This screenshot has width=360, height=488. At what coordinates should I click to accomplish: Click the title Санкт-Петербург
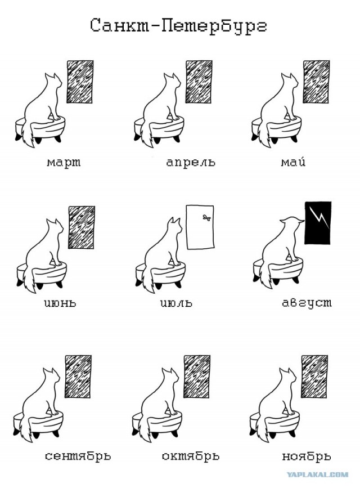click(x=179, y=26)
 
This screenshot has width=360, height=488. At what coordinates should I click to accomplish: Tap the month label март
click(x=64, y=162)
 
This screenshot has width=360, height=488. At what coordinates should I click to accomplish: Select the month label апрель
click(x=191, y=162)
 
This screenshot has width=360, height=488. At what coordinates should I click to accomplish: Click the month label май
click(x=293, y=161)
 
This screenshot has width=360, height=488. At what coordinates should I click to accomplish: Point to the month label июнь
click(x=60, y=302)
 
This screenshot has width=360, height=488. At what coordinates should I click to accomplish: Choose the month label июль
click(x=177, y=302)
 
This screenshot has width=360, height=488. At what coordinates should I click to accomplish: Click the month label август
click(x=307, y=303)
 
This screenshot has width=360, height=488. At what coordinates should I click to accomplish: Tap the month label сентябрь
click(x=78, y=456)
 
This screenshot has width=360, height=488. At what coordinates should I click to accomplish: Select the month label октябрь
click(x=191, y=456)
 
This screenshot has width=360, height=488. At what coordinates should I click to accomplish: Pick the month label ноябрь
click(x=307, y=456)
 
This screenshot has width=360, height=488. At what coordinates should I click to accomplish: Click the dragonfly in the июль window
click(x=206, y=217)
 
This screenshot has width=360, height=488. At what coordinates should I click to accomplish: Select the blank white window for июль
click(x=200, y=227)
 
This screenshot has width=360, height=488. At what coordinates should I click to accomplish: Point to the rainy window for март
click(x=80, y=82)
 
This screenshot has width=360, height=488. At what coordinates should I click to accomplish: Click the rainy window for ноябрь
click(x=314, y=376)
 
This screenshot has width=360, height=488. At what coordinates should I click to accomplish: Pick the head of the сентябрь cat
click(x=51, y=378)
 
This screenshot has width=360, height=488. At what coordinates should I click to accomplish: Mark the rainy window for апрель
click(x=199, y=82)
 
